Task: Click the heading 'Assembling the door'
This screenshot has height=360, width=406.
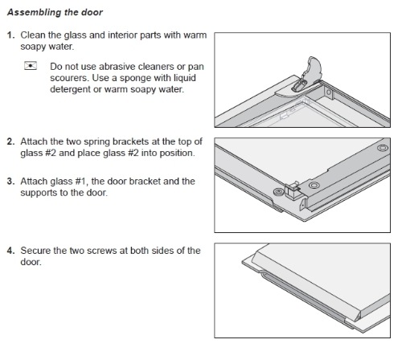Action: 55,12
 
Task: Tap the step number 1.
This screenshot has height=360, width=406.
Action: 11,35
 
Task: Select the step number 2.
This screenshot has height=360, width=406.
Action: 11,141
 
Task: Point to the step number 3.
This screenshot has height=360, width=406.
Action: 11,182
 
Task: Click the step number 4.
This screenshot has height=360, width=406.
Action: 11,251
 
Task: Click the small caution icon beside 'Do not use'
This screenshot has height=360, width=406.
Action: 31,66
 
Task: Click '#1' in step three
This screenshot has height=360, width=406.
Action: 81,182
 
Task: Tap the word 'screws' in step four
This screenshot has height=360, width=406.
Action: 102,251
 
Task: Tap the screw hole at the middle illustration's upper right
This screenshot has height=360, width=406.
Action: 383,148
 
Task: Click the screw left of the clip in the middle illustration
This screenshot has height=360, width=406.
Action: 279,192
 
